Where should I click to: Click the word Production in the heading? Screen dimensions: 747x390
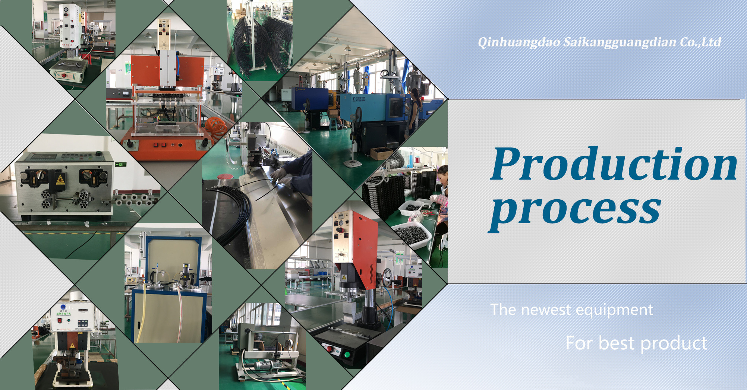point(614,164)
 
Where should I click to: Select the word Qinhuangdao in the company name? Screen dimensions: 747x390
point(519,42)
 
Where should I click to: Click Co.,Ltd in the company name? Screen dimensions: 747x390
point(700,42)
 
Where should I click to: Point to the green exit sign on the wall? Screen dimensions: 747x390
point(121,164)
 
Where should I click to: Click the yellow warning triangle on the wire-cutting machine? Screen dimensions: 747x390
point(60,180)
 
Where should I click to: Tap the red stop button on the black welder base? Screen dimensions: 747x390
point(329,348)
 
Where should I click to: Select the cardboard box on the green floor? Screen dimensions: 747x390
point(381,153)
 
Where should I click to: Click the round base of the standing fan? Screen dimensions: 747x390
point(352,163)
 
